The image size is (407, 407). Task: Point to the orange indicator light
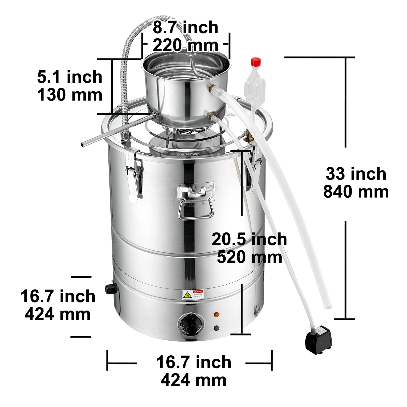click(x=216, y=314)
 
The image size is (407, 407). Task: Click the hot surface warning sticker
click(x=193, y=295)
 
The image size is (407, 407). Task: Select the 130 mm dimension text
click(x=70, y=95)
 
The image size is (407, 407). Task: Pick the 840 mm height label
click(x=356, y=192)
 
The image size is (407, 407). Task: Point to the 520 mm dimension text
click(x=249, y=257)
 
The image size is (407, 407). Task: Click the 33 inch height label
click(x=356, y=174)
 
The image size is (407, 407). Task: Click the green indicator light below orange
click(x=216, y=328)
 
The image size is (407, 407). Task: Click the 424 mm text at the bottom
click(x=193, y=381)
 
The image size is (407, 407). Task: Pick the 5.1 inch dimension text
click(x=70, y=77)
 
